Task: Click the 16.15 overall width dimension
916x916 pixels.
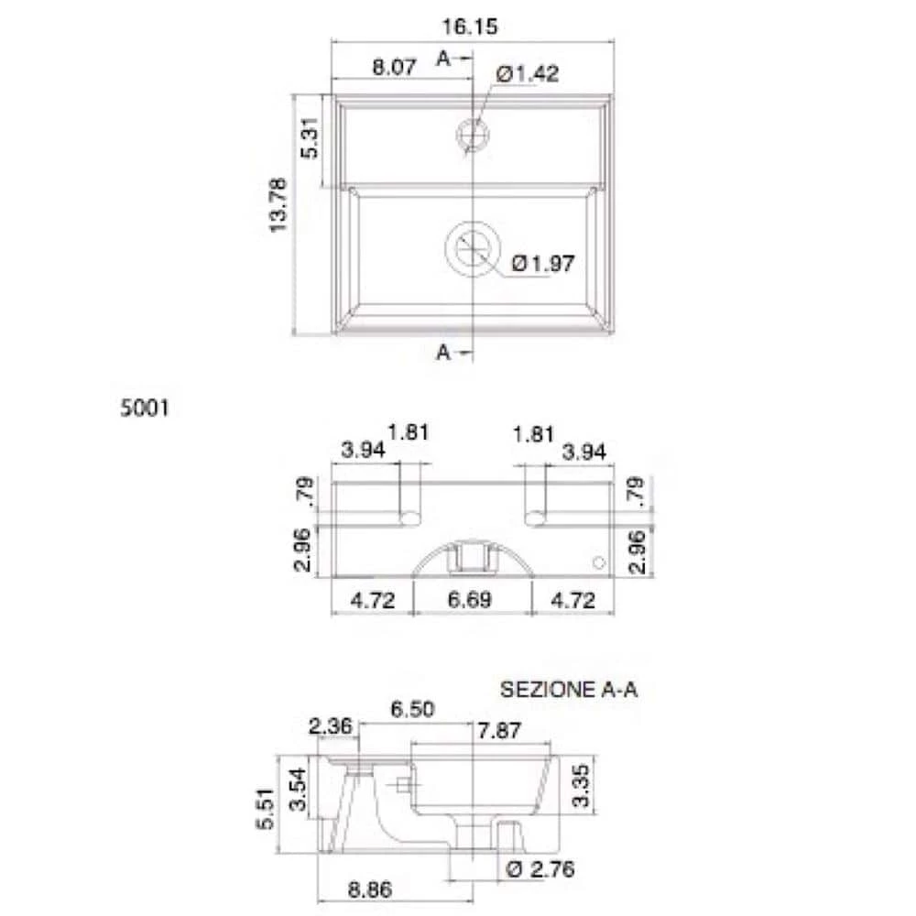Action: [x=474, y=28]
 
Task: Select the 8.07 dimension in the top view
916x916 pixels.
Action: [x=395, y=67]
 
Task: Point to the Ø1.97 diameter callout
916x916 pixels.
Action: [x=543, y=264]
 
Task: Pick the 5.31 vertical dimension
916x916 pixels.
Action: [x=311, y=138]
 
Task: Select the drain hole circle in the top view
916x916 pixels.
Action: [x=473, y=249]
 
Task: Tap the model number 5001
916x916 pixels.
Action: [x=144, y=409]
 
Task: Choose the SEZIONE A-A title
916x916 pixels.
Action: [x=568, y=690]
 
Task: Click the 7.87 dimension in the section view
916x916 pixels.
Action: [x=500, y=730]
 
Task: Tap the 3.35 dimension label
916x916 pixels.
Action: [x=581, y=785]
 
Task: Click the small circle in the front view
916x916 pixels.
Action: [x=600, y=562]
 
